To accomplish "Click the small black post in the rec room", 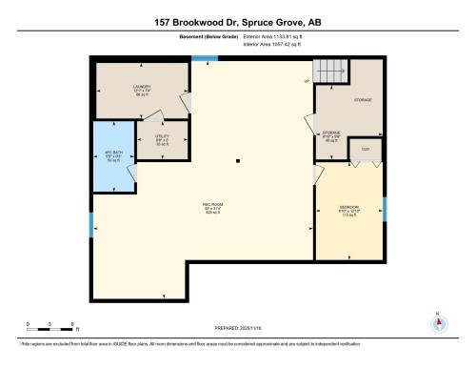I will point(239,159).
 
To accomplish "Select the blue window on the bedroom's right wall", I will point(385,207).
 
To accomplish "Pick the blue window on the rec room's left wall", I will point(90,227).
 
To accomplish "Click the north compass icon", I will point(439,321).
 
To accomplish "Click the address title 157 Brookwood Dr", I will point(238,21).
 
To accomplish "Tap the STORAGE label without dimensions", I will point(363,99).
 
